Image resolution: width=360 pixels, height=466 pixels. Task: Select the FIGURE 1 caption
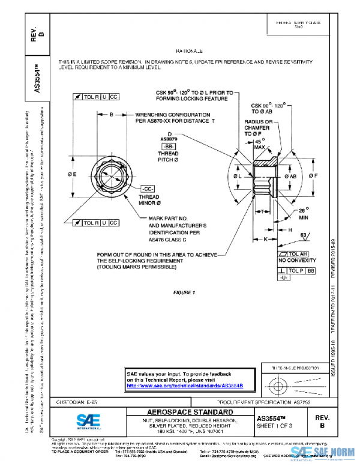click(x=185, y=292)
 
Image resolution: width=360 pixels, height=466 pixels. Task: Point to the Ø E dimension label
click(x=71, y=175)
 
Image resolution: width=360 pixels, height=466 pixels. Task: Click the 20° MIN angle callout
click(x=305, y=214)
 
